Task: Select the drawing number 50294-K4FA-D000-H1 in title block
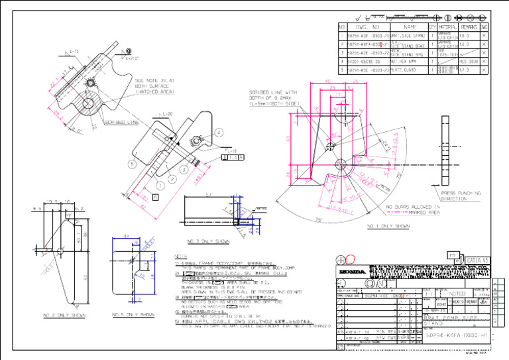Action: tap(457, 336)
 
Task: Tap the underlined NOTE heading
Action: tap(180, 256)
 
